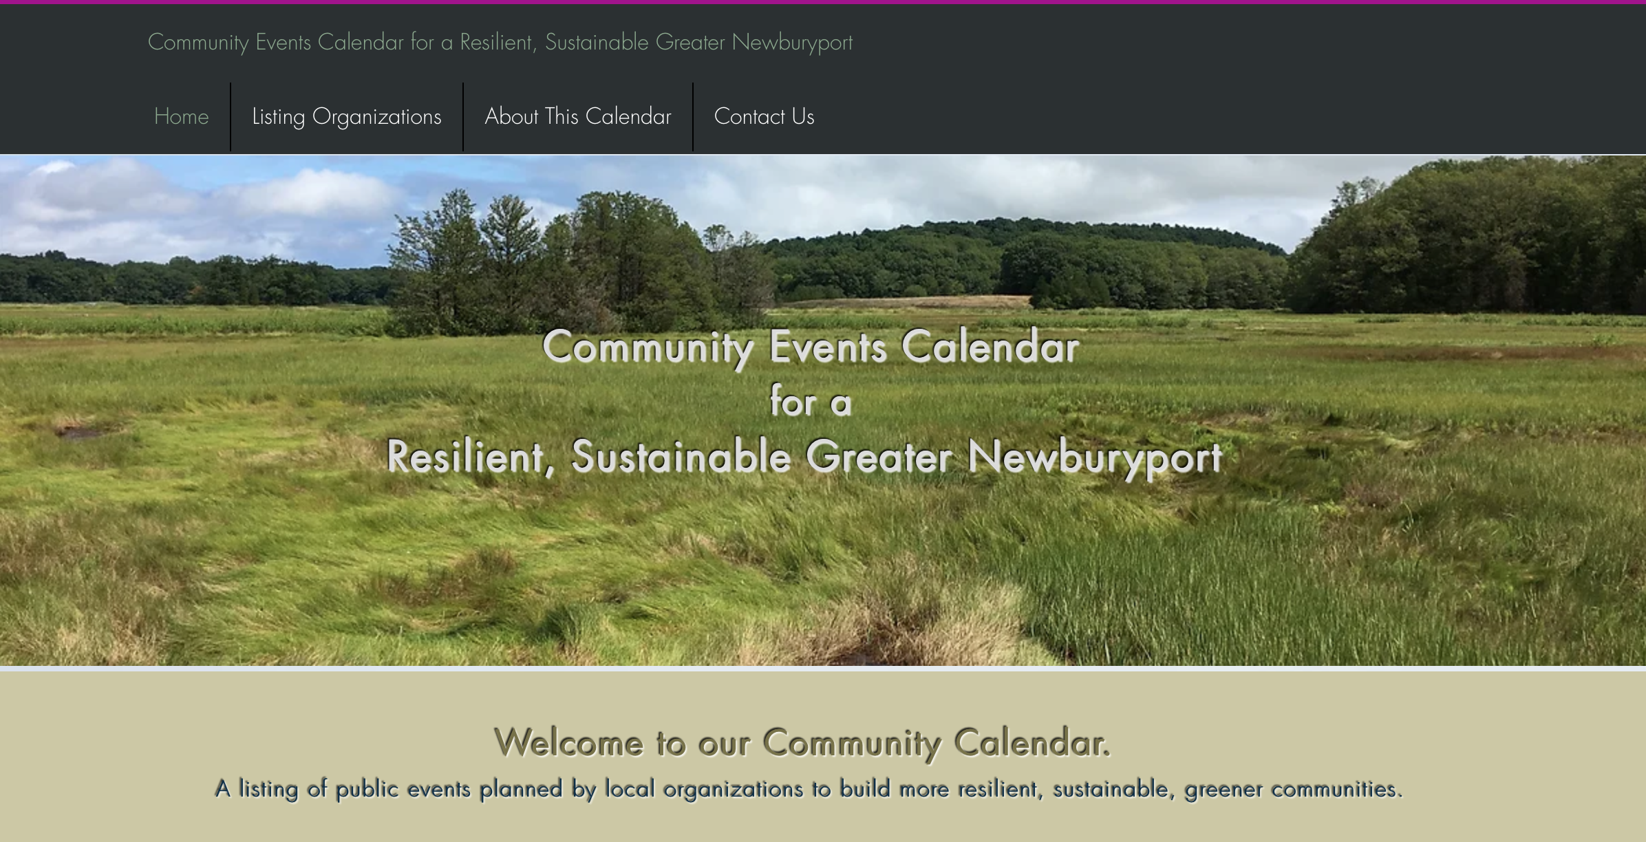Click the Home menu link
(x=181, y=116)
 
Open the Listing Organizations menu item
(x=347, y=117)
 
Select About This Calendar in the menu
(x=578, y=116)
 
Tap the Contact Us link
(x=764, y=116)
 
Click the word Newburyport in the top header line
(x=792, y=43)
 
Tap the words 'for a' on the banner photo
(x=811, y=401)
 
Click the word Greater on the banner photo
(x=879, y=456)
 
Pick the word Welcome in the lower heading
(x=569, y=742)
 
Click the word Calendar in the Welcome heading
(x=1032, y=742)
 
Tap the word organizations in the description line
(x=733, y=789)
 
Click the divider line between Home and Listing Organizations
(x=231, y=117)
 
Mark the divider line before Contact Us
(x=693, y=117)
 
